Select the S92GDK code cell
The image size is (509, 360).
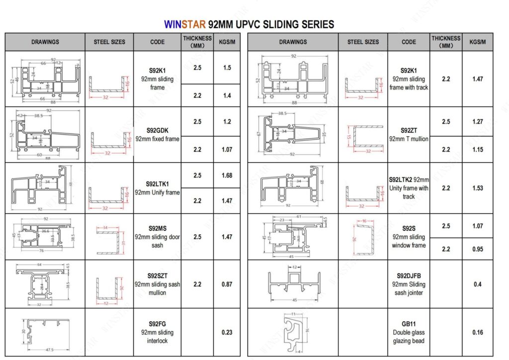pyautogui.click(x=157, y=135)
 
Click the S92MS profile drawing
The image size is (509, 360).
pyautogui.click(x=45, y=237)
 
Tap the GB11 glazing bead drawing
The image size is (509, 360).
pyautogui.click(x=294, y=332)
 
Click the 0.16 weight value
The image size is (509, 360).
pyautogui.click(x=477, y=332)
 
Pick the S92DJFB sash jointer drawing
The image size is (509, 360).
pyautogui.click(x=294, y=284)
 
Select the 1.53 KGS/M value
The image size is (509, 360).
pyautogui.click(x=477, y=188)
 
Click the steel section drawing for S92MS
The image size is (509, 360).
pyautogui.click(x=109, y=237)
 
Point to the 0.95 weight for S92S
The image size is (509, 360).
pyautogui.click(x=477, y=249)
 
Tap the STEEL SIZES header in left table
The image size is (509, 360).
pyautogui.click(x=109, y=42)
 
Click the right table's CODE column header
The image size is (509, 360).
pyautogui.click(x=409, y=42)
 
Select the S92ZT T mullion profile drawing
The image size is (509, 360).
pyautogui.click(x=294, y=135)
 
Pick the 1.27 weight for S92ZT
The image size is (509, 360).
pyautogui.click(x=477, y=121)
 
